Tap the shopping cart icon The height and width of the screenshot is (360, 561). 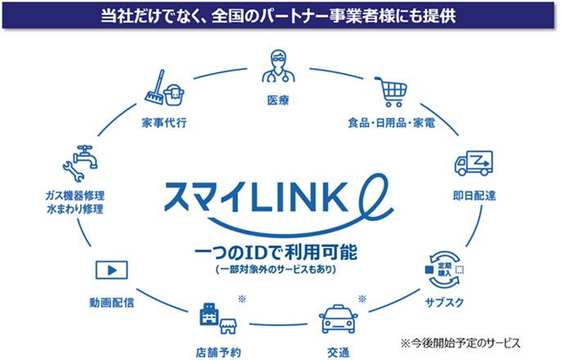389,91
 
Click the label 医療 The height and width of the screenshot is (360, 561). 277,101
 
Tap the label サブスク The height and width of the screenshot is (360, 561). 447,302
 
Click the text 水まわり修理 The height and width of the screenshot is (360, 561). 75,210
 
